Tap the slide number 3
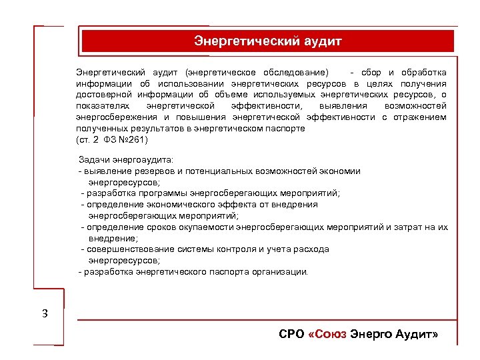coord(45,313)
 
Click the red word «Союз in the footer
coord(329,334)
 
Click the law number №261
coord(135,140)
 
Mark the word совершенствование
coord(131,249)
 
